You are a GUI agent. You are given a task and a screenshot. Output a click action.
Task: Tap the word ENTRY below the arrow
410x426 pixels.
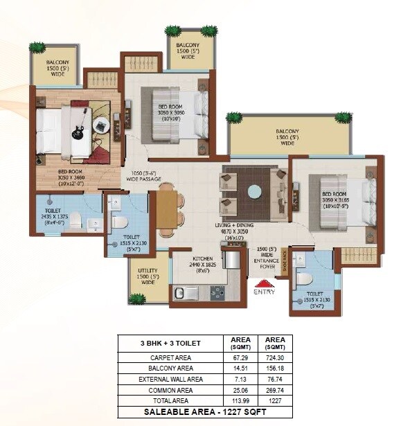264,292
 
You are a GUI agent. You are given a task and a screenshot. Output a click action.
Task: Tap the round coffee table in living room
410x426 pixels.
254,191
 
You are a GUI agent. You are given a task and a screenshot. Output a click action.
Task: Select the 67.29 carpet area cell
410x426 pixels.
240,357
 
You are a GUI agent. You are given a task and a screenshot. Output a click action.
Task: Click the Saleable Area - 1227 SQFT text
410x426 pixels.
204,412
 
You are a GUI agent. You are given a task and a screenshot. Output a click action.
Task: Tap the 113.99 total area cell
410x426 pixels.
240,401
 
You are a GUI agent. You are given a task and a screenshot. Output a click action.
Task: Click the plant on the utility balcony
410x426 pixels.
137,299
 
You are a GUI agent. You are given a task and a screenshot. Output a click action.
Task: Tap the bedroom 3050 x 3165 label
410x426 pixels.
337,203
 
